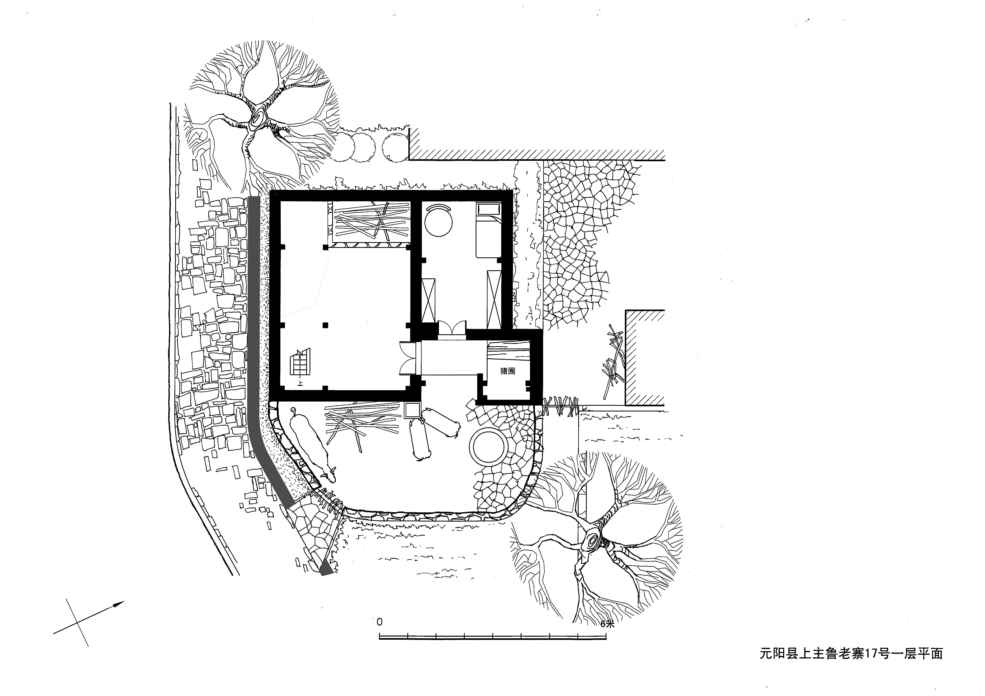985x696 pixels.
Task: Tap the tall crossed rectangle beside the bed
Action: tap(494, 299)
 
